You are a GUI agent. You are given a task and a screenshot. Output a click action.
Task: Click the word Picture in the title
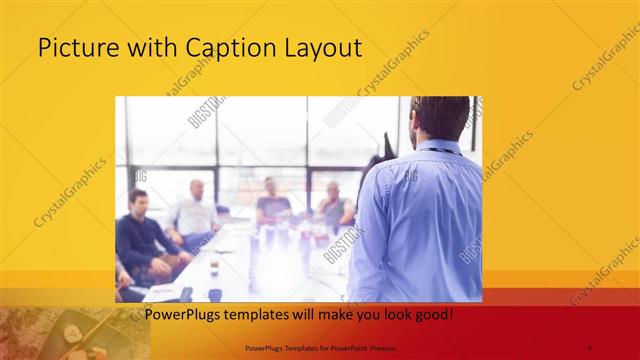(x=72, y=47)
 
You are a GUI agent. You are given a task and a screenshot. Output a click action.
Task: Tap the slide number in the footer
(x=588, y=348)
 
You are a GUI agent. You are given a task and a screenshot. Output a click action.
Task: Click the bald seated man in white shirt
(x=194, y=212)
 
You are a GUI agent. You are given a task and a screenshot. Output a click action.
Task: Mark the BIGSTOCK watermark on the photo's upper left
(x=207, y=113)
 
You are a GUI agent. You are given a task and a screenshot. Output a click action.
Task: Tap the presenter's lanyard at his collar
(x=440, y=151)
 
